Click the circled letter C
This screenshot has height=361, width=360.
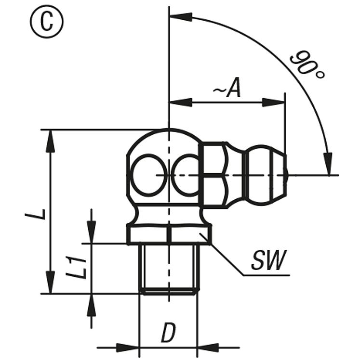click(x=47, y=22)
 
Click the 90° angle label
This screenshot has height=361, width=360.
click(x=307, y=65)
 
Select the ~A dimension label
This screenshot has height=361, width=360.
click(x=227, y=89)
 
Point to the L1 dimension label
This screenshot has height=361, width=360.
click(x=76, y=268)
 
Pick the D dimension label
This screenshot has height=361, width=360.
click(x=169, y=332)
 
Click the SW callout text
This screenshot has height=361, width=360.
click(x=269, y=260)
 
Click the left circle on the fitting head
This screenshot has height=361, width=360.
click(x=149, y=175)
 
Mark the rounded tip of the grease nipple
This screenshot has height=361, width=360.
click(x=286, y=175)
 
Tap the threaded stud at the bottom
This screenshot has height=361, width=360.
click(x=169, y=269)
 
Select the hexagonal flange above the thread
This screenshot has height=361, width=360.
click(x=169, y=234)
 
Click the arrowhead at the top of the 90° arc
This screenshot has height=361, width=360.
click(x=181, y=17)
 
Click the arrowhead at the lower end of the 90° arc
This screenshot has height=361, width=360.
click(x=328, y=164)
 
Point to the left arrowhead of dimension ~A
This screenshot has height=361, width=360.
click(x=181, y=102)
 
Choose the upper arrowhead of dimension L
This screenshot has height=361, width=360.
click(x=51, y=141)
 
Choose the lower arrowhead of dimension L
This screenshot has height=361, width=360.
click(x=51, y=282)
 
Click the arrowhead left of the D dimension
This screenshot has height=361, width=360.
click(x=128, y=348)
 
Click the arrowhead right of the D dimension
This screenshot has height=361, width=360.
click(x=208, y=348)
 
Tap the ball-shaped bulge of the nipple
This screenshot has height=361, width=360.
click(x=259, y=175)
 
